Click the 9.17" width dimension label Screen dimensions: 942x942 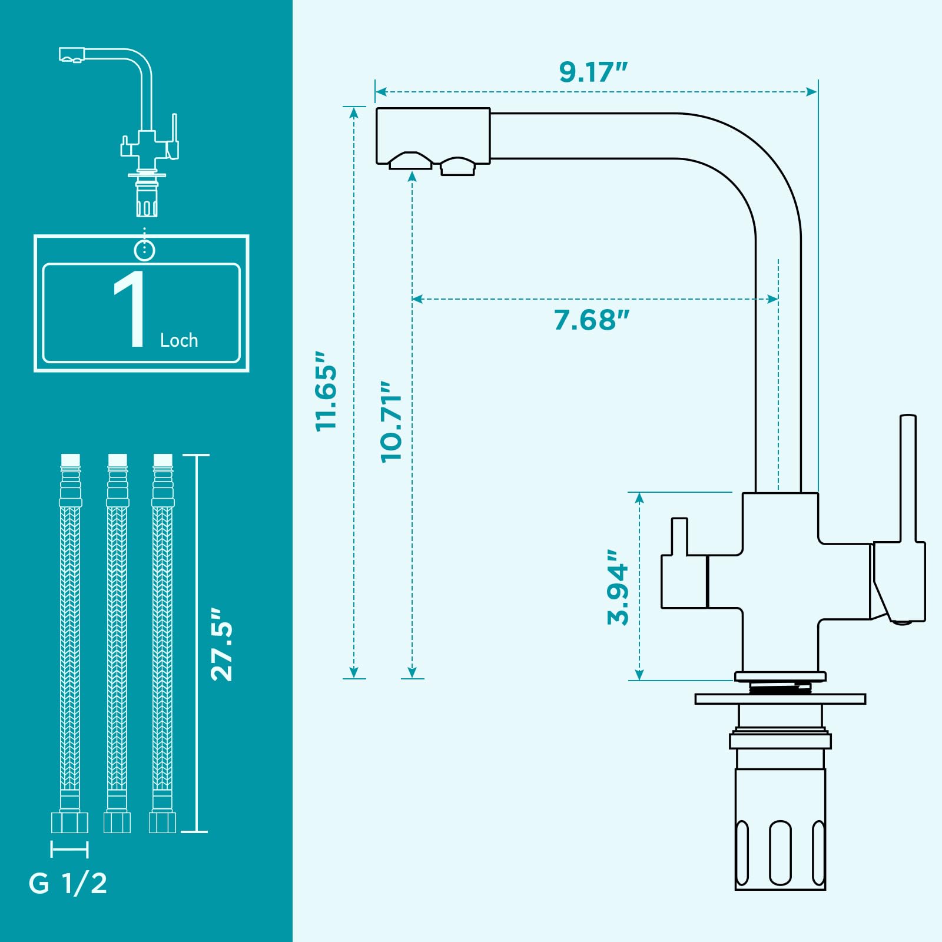[593, 72]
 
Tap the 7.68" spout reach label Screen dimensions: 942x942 [592, 320]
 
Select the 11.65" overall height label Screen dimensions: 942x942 [326, 392]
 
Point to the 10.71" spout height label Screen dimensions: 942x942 [391, 422]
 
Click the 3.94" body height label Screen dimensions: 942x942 [618, 588]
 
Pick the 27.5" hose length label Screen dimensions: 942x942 [222, 645]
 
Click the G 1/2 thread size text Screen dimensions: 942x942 [68, 884]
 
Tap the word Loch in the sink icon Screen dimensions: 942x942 [179, 340]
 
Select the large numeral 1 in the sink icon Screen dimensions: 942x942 [130, 309]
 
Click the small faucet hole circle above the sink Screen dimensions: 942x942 [144, 250]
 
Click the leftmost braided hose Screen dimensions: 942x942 [70, 644]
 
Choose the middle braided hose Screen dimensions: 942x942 [117, 644]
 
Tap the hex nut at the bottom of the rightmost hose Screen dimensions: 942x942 [162, 822]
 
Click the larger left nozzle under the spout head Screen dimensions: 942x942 [411, 161]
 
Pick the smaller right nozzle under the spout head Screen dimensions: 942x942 [457, 166]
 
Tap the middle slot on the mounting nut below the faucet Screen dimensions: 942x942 [780, 853]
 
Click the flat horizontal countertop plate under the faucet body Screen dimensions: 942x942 [780, 699]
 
